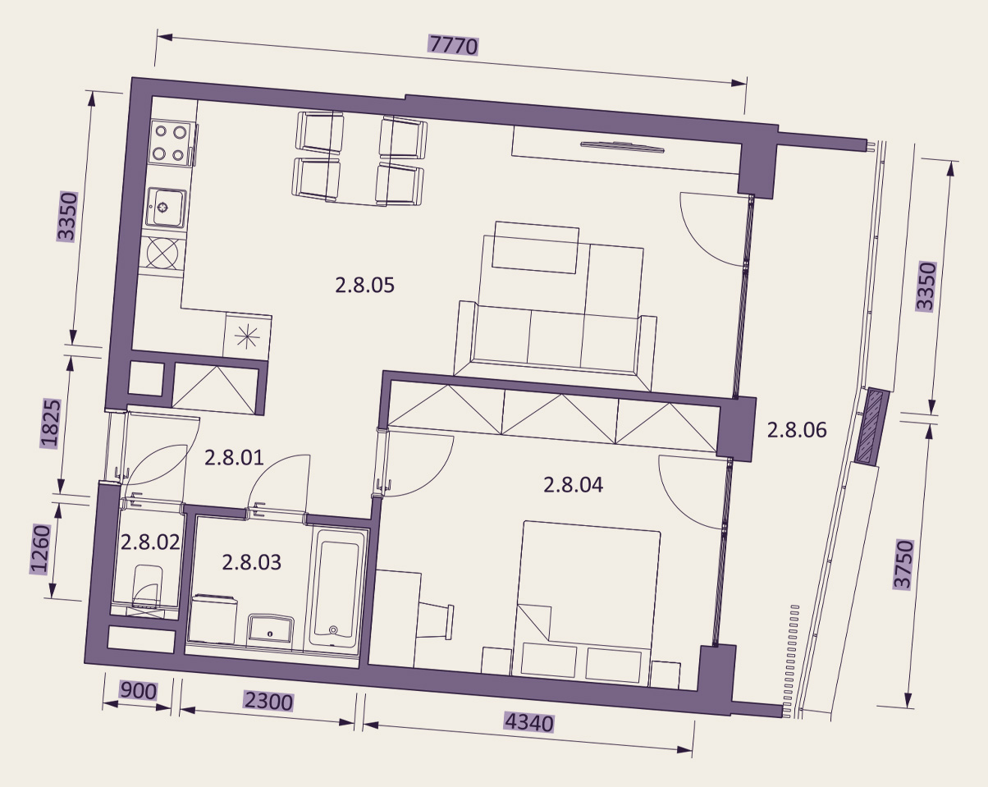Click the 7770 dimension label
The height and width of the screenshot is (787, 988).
453,45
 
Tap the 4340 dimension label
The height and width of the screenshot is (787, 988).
529,724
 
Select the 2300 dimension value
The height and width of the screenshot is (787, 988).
268,702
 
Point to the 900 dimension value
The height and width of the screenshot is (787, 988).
138,690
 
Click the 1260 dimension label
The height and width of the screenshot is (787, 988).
40,549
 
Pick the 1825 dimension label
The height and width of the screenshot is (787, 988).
51,423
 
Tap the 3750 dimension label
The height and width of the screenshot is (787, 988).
903,565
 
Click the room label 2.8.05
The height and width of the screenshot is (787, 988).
365,286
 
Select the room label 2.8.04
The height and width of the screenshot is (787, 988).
573,485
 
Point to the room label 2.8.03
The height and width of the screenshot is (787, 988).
252,562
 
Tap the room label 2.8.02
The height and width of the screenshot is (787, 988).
150,542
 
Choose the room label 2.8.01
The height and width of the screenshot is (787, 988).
234,458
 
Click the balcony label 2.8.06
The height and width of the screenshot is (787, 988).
797,431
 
